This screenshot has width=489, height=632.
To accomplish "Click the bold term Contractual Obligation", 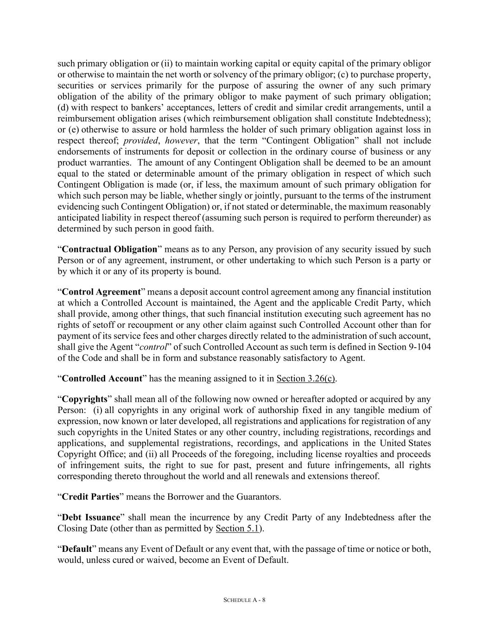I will click(x=109, y=249).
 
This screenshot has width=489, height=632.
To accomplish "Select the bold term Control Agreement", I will click(x=101, y=292).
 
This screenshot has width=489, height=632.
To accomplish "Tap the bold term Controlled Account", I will click(x=102, y=378).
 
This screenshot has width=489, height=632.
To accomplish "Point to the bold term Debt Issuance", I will click(x=91, y=517).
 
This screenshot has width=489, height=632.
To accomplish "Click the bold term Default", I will click(x=76, y=549).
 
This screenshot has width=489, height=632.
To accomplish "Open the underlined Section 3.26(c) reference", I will click(x=305, y=378).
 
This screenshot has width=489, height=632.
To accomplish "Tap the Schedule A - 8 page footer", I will click(x=244, y=600).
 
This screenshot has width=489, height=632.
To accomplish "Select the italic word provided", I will click(x=140, y=140).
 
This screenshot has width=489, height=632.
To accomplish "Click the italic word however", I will click(x=178, y=140).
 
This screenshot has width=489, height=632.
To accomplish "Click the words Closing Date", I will click(x=79, y=528).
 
